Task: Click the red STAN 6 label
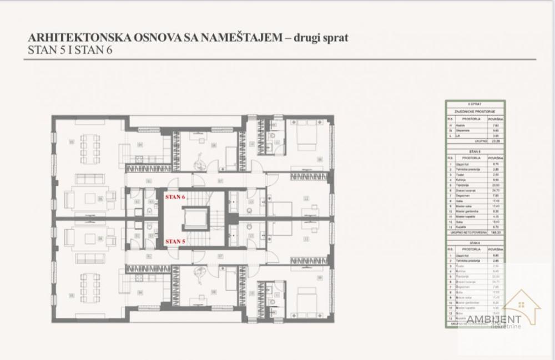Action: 175,196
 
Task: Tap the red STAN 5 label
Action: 175,241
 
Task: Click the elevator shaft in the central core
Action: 195,219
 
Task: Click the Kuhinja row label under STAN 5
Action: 462,180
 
